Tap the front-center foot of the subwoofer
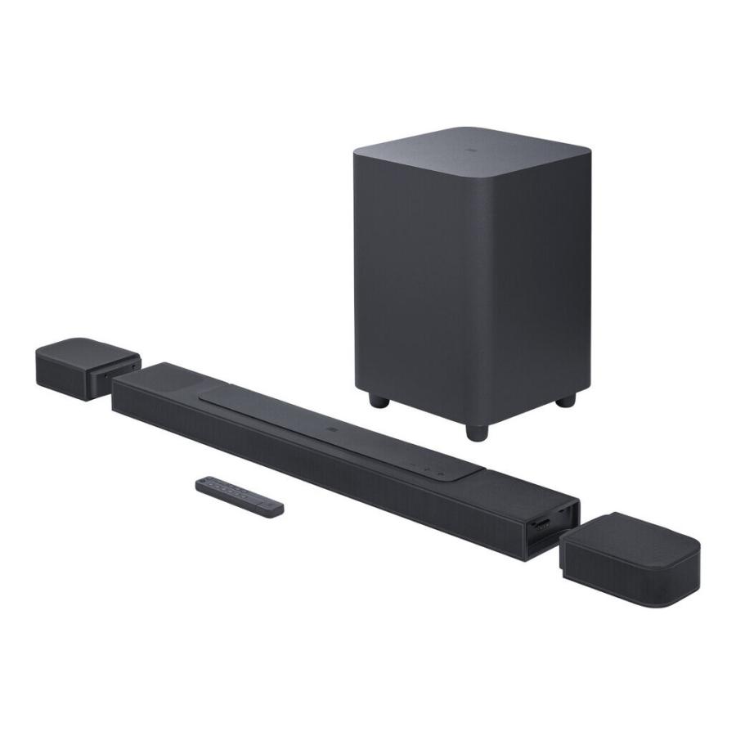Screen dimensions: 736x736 coord(475,430)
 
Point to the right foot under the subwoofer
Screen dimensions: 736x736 coord(566,401)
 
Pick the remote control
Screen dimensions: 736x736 coord(240,496)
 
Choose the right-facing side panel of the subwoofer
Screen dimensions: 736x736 coord(536,278)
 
